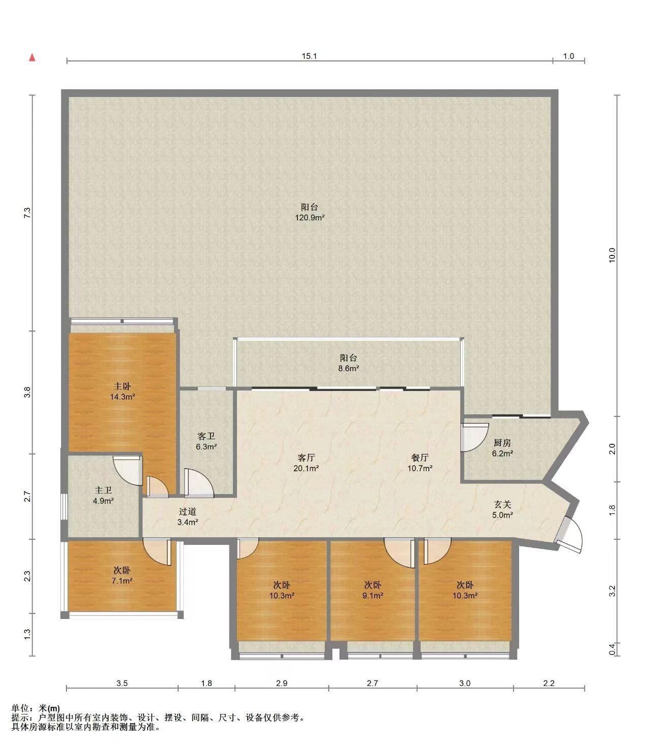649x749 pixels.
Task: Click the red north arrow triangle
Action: pos(32,57)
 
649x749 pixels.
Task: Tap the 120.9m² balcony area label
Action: pos(310,212)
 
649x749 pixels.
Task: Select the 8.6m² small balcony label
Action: pos(349,363)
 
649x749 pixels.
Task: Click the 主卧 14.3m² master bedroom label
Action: pos(122,392)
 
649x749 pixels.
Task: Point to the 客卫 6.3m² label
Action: pos(207,441)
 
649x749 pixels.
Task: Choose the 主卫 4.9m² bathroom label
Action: pos(103,496)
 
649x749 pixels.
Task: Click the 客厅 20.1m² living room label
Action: pos(306,463)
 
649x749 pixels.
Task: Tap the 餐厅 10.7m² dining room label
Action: pos(420,463)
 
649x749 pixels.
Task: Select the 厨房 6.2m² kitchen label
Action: pos(502,448)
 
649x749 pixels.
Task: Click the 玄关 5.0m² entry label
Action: pos(502,509)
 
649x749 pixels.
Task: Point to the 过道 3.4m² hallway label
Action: pos(188,517)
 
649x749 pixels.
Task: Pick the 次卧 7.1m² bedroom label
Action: pos(122,575)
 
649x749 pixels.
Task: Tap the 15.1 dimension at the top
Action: pos(310,56)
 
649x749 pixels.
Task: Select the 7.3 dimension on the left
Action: pos(27,213)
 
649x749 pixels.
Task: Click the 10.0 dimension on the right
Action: pos(612,255)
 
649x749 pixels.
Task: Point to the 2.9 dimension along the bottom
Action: pos(282,683)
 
